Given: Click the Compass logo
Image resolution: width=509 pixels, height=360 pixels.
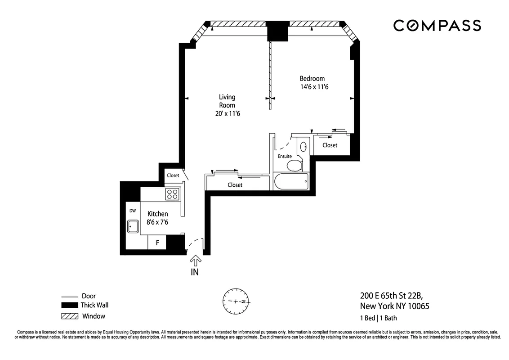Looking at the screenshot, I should [x=437, y=26].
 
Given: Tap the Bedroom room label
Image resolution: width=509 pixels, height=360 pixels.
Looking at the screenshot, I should [x=312, y=79].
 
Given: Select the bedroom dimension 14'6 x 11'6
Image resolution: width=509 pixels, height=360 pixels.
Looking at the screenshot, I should [x=314, y=87].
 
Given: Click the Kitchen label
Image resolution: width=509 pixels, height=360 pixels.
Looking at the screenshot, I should [x=157, y=214].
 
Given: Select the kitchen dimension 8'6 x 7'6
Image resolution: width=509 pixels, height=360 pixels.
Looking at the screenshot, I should [x=158, y=222].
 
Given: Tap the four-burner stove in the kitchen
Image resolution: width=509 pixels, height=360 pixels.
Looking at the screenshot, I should [x=173, y=194].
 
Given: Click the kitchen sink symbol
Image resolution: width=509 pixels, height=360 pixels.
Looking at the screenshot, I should [x=133, y=226].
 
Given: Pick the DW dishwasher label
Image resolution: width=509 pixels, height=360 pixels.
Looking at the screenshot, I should [x=133, y=211].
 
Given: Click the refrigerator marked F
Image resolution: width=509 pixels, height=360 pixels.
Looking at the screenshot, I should [x=157, y=243].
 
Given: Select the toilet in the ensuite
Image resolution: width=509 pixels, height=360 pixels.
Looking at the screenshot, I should [x=295, y=165].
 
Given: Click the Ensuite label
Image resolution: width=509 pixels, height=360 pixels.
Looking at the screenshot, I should [x=285, y=156].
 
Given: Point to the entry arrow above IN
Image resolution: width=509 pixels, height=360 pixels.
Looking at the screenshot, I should [x=195, y=261].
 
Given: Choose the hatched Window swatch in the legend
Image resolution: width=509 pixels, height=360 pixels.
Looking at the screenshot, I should [x=70, y=316].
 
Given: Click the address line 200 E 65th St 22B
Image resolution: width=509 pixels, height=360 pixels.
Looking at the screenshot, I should [x=391, y=296].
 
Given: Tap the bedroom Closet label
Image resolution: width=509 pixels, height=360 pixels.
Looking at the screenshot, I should [x=330, y=145].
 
